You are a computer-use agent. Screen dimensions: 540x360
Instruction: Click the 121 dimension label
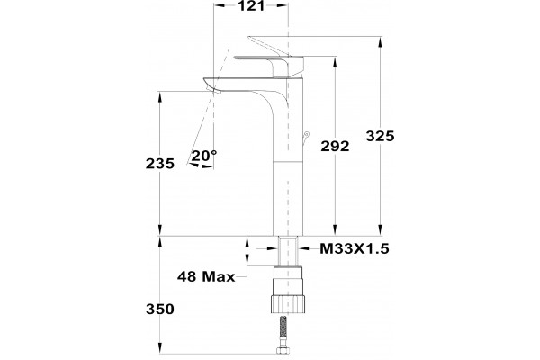coord(251,5)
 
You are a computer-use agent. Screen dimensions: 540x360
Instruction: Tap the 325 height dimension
coord(380,137)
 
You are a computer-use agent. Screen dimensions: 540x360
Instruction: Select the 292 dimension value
coord(335,147)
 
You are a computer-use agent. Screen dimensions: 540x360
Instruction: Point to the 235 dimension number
coord(160,164)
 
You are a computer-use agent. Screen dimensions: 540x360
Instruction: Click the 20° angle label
coord(204,156)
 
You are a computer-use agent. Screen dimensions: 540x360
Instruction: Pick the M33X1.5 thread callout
coord(355,248)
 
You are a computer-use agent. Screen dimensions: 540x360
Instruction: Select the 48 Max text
coord(206,276)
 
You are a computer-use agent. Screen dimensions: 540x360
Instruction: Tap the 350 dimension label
coord(160,309)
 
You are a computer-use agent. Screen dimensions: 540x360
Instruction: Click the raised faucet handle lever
coord(268,46)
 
